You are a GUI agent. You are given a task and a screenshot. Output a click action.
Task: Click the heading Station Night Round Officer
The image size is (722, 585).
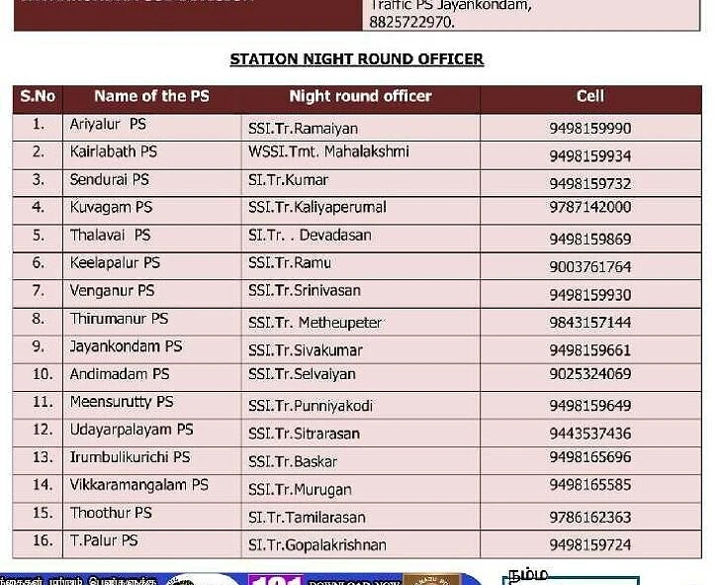tap(356, 59)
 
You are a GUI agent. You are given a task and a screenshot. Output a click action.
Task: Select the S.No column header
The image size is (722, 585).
tap(38, 97)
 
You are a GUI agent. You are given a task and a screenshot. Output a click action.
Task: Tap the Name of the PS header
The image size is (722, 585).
tap(151, 97)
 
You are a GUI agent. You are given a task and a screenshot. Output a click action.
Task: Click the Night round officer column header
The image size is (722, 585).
tap(360, 97)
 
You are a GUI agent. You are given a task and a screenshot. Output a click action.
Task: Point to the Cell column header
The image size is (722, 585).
tap(589, 97)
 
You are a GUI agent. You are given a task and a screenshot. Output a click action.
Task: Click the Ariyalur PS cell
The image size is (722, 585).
tap(108, 125)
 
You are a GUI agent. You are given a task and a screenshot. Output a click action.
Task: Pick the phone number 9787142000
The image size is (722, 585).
tap(589, 208)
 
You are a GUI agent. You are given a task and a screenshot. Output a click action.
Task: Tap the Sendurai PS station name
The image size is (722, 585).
tap(109, 180)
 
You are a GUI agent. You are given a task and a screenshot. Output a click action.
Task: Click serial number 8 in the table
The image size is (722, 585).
tap(38, 319)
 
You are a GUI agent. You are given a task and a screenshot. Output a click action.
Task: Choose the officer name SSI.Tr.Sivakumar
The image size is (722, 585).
tap(305, 350)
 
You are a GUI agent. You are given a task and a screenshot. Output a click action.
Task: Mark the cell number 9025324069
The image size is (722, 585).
tap(589, 374)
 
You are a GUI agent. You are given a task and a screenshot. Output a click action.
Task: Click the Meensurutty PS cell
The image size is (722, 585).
tap(121, 402)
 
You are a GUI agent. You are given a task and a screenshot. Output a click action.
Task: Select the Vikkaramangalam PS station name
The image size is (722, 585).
tap(138, 485)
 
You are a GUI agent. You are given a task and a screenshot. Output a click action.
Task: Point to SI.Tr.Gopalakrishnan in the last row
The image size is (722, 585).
tap(316, 545)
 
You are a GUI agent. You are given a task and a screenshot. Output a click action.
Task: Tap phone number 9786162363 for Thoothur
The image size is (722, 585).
tap(589, 518)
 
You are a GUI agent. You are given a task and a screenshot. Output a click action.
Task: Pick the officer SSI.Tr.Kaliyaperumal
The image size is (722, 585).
tap(316, 208)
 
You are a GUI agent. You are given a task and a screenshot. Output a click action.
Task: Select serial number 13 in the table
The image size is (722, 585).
tap(42, 457)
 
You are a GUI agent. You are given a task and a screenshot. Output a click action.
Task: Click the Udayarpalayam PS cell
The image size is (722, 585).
tap(131, 430)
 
